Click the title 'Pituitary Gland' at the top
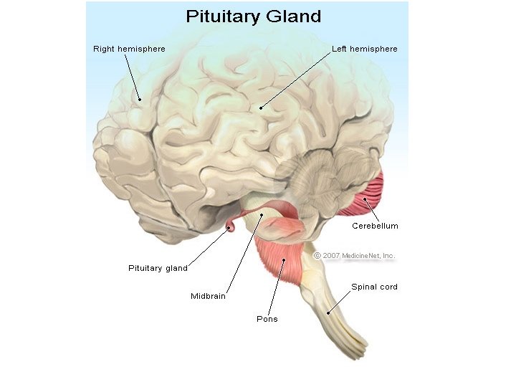[253, 16]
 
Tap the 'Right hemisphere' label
[129, 49]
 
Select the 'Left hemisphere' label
[364, 49]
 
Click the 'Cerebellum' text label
[375, 226]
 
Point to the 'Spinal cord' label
[374, 287]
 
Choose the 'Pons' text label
[267, 319]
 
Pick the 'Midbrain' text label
[208, 296]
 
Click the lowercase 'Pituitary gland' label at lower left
[158, 268]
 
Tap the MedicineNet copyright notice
[355, 255]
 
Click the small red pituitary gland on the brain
[231, 229]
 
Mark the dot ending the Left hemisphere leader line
[261, 108]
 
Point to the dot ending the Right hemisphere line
[140, 99]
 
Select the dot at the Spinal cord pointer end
[329, 312]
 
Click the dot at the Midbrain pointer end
[262, 214]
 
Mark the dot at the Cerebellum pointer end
[364, 199]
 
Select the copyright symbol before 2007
[317, 255]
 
